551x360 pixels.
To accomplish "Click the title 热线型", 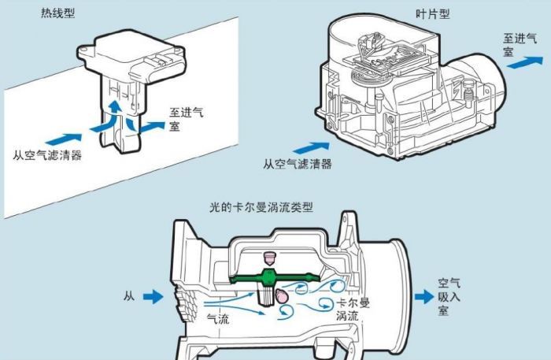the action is pyautogui.click(x=58, y=13).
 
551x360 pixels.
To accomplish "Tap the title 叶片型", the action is pyautogui.click(x=432, y=13).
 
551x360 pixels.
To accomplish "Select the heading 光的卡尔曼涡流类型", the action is pyautogui.click(x=261, y=207).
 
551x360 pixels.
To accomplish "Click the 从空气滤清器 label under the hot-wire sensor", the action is pyautogui.click(x=47, y=155).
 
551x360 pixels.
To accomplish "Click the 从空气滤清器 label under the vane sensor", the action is pyautogui.click(x=298, y=164).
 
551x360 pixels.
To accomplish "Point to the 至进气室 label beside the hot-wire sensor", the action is pyautogui.click(x=186, y=119).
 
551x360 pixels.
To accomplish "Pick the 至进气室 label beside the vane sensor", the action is pyautogui.click(x=520, y=45).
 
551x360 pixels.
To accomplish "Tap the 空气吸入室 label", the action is pyautogui.click(x=449, y=297).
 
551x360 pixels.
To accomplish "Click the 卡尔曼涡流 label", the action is pyautogui.click(x=353, y=309).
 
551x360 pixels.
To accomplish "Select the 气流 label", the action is pyautogui.click(x=218, y=319).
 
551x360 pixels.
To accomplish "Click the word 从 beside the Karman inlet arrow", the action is pyautogui.click(x=129, y=296).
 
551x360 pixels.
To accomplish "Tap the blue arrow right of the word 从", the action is pyautogui.click(x=153, y=297).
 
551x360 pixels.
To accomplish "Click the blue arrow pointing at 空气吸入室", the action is pyautogui.click(x=424, y=297).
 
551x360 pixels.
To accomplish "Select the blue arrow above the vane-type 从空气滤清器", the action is pyautogui.click(x=312, y=147).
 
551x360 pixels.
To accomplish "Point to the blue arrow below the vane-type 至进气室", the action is pyautogui.click(x=525, y=62).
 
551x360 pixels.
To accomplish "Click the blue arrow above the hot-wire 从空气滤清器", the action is pyautogui.click(x=64, y=139).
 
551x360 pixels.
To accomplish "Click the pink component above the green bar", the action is pyautogui.click(x=269, y=258).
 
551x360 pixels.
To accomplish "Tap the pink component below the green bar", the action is pyautogui.click(x=282, y=296).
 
